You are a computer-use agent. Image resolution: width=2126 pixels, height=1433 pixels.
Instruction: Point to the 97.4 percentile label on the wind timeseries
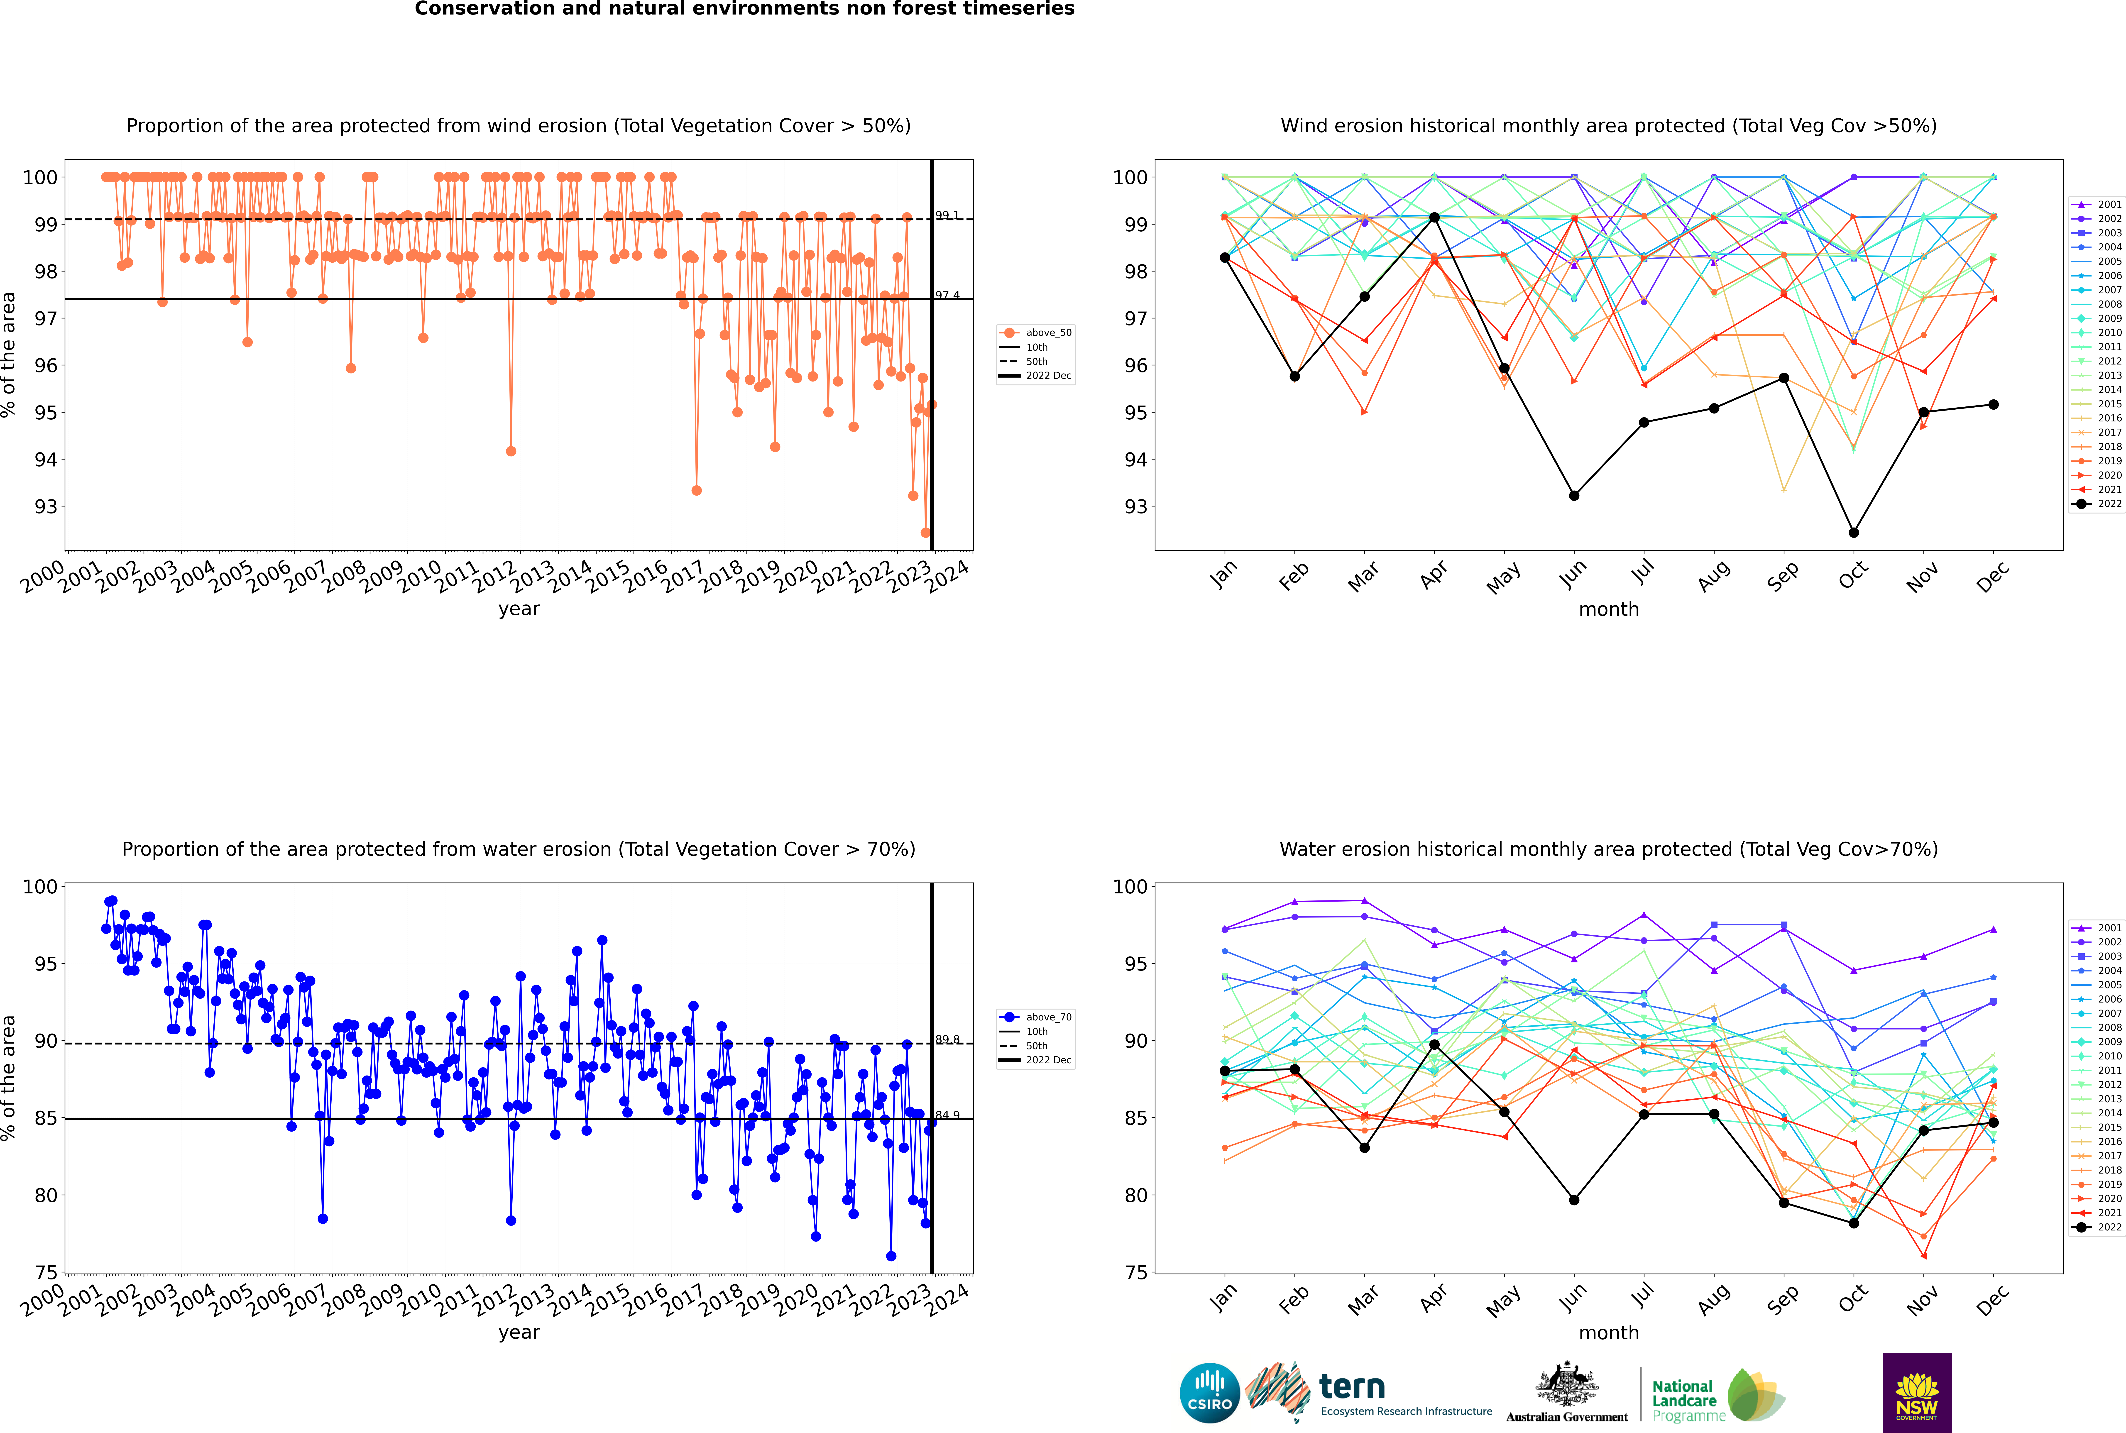tap(947, 295)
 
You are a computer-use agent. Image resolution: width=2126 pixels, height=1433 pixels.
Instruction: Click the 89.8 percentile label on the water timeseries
tap(947, 1040)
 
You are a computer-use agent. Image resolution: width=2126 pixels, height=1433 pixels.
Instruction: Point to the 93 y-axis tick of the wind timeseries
tap(46, 506)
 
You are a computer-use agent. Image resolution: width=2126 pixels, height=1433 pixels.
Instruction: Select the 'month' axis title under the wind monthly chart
tap(1609, 610)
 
